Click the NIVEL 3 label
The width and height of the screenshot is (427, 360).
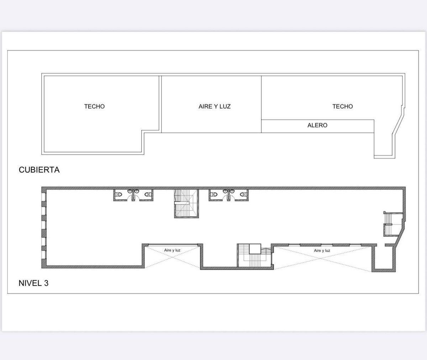(33, 283)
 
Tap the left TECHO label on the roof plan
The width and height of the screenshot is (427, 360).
(94, 106)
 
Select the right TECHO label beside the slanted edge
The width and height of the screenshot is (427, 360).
(342, 106)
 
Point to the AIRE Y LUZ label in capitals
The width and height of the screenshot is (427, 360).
(215, 106)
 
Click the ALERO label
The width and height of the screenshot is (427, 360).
(317, 125)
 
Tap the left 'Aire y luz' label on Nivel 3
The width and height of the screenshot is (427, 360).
(172, 250)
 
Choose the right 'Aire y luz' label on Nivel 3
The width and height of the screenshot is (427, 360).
(322, 250)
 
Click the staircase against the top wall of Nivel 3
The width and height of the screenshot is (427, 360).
(186, 203)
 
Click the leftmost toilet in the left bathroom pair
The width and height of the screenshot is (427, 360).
(119, 195)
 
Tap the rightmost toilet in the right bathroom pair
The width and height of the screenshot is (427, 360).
(243, 195)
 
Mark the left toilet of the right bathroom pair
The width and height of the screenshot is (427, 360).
(214, 195)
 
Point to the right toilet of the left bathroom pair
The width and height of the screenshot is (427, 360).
(148, 195)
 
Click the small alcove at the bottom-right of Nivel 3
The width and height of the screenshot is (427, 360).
(384, 258)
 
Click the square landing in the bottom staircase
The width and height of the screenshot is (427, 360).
(255, 249)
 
